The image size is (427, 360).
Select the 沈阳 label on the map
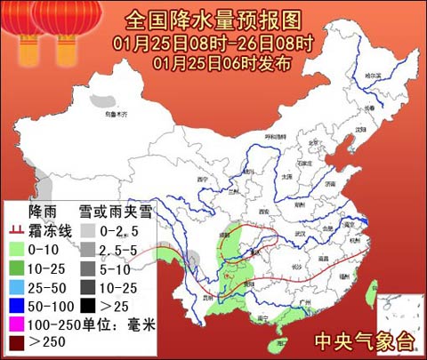pyautogui.click(x=360, y=130)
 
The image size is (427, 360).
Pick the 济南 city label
pyautogui.click(x=327, y=183)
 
